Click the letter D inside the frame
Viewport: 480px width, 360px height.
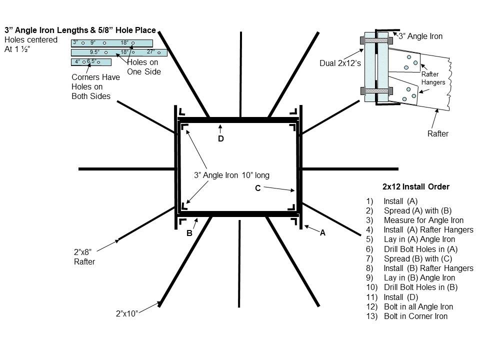(220, 139)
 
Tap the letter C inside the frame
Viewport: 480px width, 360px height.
(257, 188)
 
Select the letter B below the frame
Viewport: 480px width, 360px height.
(189, 233)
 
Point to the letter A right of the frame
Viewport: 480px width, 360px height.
(322, 232)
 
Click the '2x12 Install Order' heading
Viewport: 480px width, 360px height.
(415, 187)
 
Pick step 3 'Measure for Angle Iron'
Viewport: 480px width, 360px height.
(423, 220)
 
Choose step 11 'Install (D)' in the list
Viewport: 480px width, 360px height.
(400, 297)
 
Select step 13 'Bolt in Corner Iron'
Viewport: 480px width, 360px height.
(415, 316)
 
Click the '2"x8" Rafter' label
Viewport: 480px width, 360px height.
(84, 257)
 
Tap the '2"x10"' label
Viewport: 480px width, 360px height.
(126, 313)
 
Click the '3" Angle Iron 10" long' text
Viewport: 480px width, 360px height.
(231, 175)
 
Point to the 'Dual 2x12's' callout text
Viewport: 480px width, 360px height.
(339, 63)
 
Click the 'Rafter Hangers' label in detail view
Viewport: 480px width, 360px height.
(433, 78)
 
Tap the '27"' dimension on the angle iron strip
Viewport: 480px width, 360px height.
(150, 52)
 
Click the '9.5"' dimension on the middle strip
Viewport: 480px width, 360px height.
(94, 52)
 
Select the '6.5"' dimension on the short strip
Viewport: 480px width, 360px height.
(92, 61)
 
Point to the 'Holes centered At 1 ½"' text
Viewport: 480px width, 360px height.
(30, 44)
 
